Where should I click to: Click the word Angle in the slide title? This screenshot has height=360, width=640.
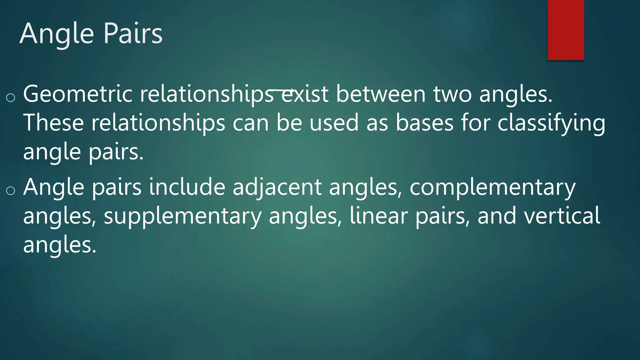tap(57, 34)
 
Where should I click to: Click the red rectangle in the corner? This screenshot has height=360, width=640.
tap(566, 30)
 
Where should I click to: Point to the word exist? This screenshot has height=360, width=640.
tap(305, 94)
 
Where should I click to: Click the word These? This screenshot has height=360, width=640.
tap(53, 123)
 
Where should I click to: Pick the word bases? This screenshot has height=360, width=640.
tap(424, 123)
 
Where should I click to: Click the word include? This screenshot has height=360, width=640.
tap(187, 187)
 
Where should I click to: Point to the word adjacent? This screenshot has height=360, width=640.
tap(277, 188)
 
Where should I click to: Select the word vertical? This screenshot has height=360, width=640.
tap(562, 216)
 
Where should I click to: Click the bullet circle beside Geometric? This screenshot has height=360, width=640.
tap(11, 97)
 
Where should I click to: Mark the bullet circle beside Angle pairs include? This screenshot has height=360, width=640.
tap(11, 190)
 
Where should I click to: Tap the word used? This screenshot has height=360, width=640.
tap(334, 123)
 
